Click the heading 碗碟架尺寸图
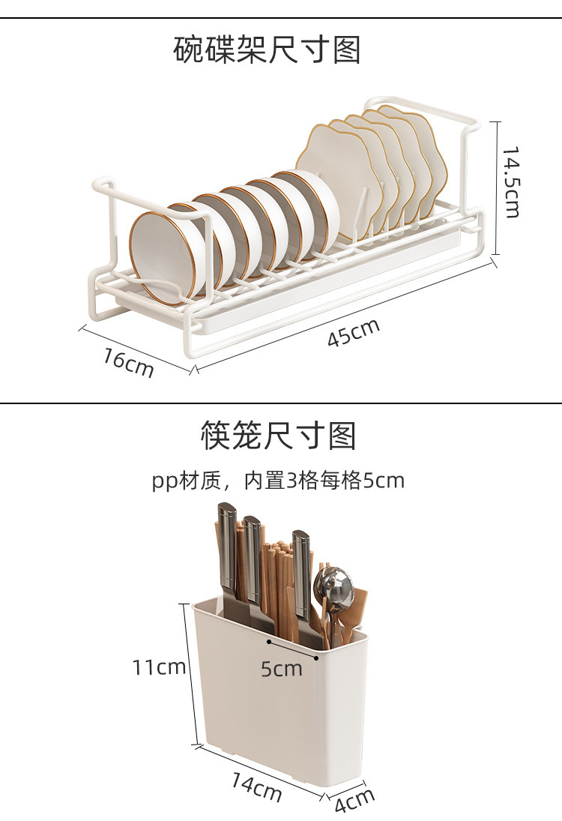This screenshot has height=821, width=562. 267,50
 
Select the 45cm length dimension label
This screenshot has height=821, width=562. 353,332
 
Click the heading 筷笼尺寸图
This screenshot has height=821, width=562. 279,435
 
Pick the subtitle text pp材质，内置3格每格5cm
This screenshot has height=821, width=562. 278,480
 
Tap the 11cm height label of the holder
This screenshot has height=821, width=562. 158,667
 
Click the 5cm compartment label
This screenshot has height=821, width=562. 282,667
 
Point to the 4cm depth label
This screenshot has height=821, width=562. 354,802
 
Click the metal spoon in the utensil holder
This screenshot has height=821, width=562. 333,589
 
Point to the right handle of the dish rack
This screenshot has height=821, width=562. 450,112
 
